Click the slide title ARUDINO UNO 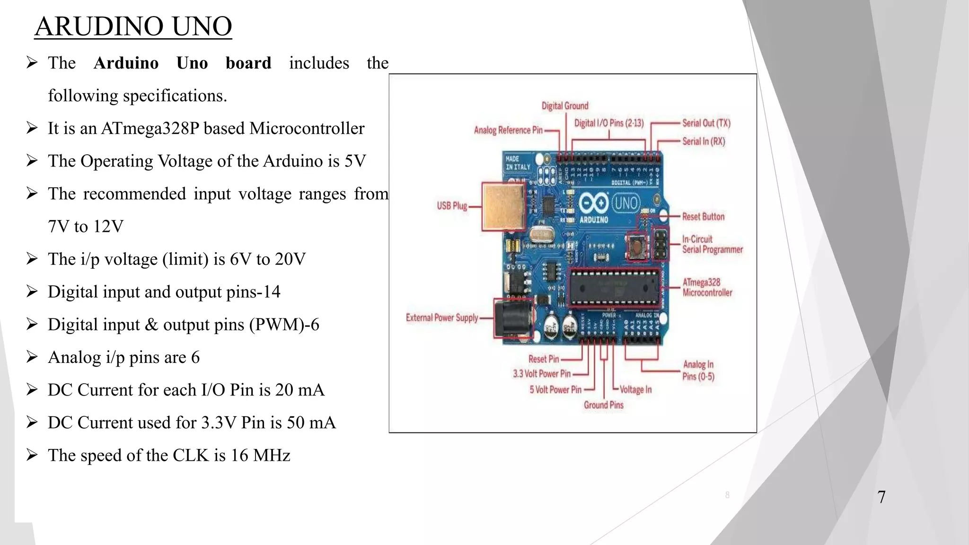pyautogui.click(x=133, y=26)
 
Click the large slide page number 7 pyautogui.click(x=881, y=497)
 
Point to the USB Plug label pyautogui.click(x=452, y=206)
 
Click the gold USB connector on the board pyautogui.click(x=504, y=207)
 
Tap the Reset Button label pyautogui.click(x=703, y=217)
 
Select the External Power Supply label pyautogui.click(x=442, y=317)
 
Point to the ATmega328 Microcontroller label pyautogui.click(x=707, y=288)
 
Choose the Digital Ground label pyautogui.click(x=565, y=106)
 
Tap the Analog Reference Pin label pyautogui.click(x=508, y=130)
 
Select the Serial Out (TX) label pyautogui.click(x=706, y=123)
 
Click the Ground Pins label pyautogui.click(x=603, y=405)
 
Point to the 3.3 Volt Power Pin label pyautogui.click(x=542, y=374)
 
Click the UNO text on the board pyautogui.click(x=626, y=203)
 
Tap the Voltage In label pyautogui.click(x=635, y=390)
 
